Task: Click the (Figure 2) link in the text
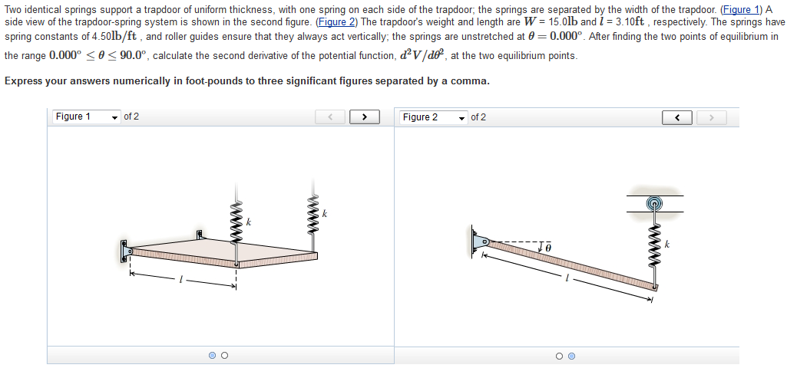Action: point(339,22)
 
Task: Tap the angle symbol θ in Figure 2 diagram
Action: point(548,247)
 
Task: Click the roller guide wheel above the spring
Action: point(654,204)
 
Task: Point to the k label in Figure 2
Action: point(667,244)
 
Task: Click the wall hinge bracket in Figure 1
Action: point(124,251)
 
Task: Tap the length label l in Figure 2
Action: point(567,281)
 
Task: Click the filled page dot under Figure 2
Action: point(571,355)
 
